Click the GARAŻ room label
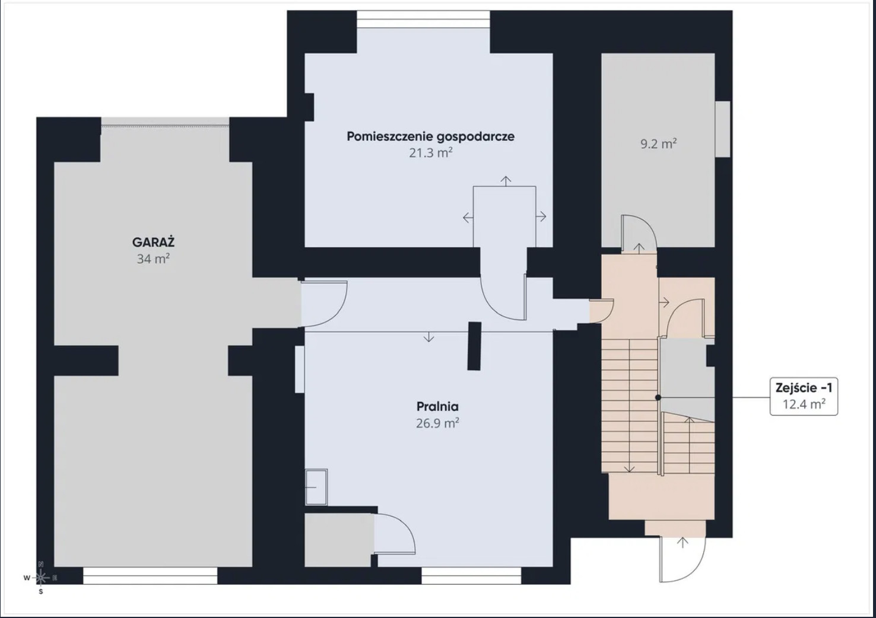pos(153,243)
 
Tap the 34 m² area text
pos(153,259)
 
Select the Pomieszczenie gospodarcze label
pos(430,136)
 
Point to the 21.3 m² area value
pos(430,152)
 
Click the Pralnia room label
pos(437,406)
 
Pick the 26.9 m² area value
pos(437,423)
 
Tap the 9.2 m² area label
pos(659,144)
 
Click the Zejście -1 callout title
pos(804,388)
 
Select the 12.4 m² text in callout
pos(804,404)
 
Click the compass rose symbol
pos(41,578)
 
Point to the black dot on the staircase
pos(658,397)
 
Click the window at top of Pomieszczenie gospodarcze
pos(423,19)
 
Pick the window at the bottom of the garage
pos(150,576)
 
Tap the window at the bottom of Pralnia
pos(471,576)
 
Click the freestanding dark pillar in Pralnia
pos(474,346)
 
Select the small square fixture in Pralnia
pos(316,487)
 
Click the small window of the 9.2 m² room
pos(723,129)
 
